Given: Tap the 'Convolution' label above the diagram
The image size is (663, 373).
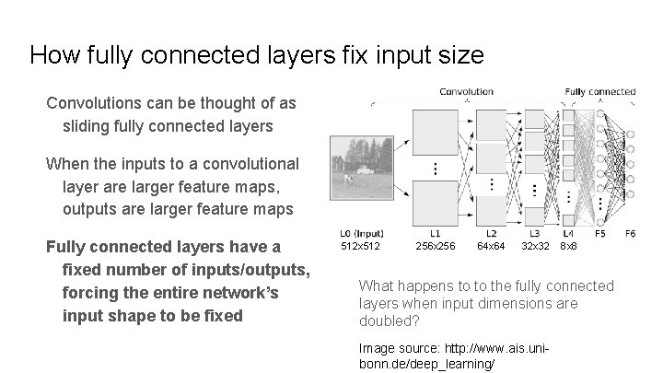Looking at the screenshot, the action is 466,91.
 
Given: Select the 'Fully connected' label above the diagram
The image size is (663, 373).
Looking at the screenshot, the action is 599,91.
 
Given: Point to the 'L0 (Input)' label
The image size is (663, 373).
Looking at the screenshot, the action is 361,234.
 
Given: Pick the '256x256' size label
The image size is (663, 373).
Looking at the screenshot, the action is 435,247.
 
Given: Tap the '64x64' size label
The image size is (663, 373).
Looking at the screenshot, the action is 491,247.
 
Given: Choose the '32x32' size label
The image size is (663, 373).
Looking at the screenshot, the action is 536,247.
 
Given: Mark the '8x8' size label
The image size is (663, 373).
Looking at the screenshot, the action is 569,247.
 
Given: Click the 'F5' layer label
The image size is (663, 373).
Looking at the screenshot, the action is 599,234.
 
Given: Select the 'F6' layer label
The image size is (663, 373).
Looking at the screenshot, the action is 630,234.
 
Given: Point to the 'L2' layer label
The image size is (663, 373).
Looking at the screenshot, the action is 491,234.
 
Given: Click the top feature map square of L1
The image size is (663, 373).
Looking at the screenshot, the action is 435,133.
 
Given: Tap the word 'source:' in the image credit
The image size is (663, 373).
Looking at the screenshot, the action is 413,348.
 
